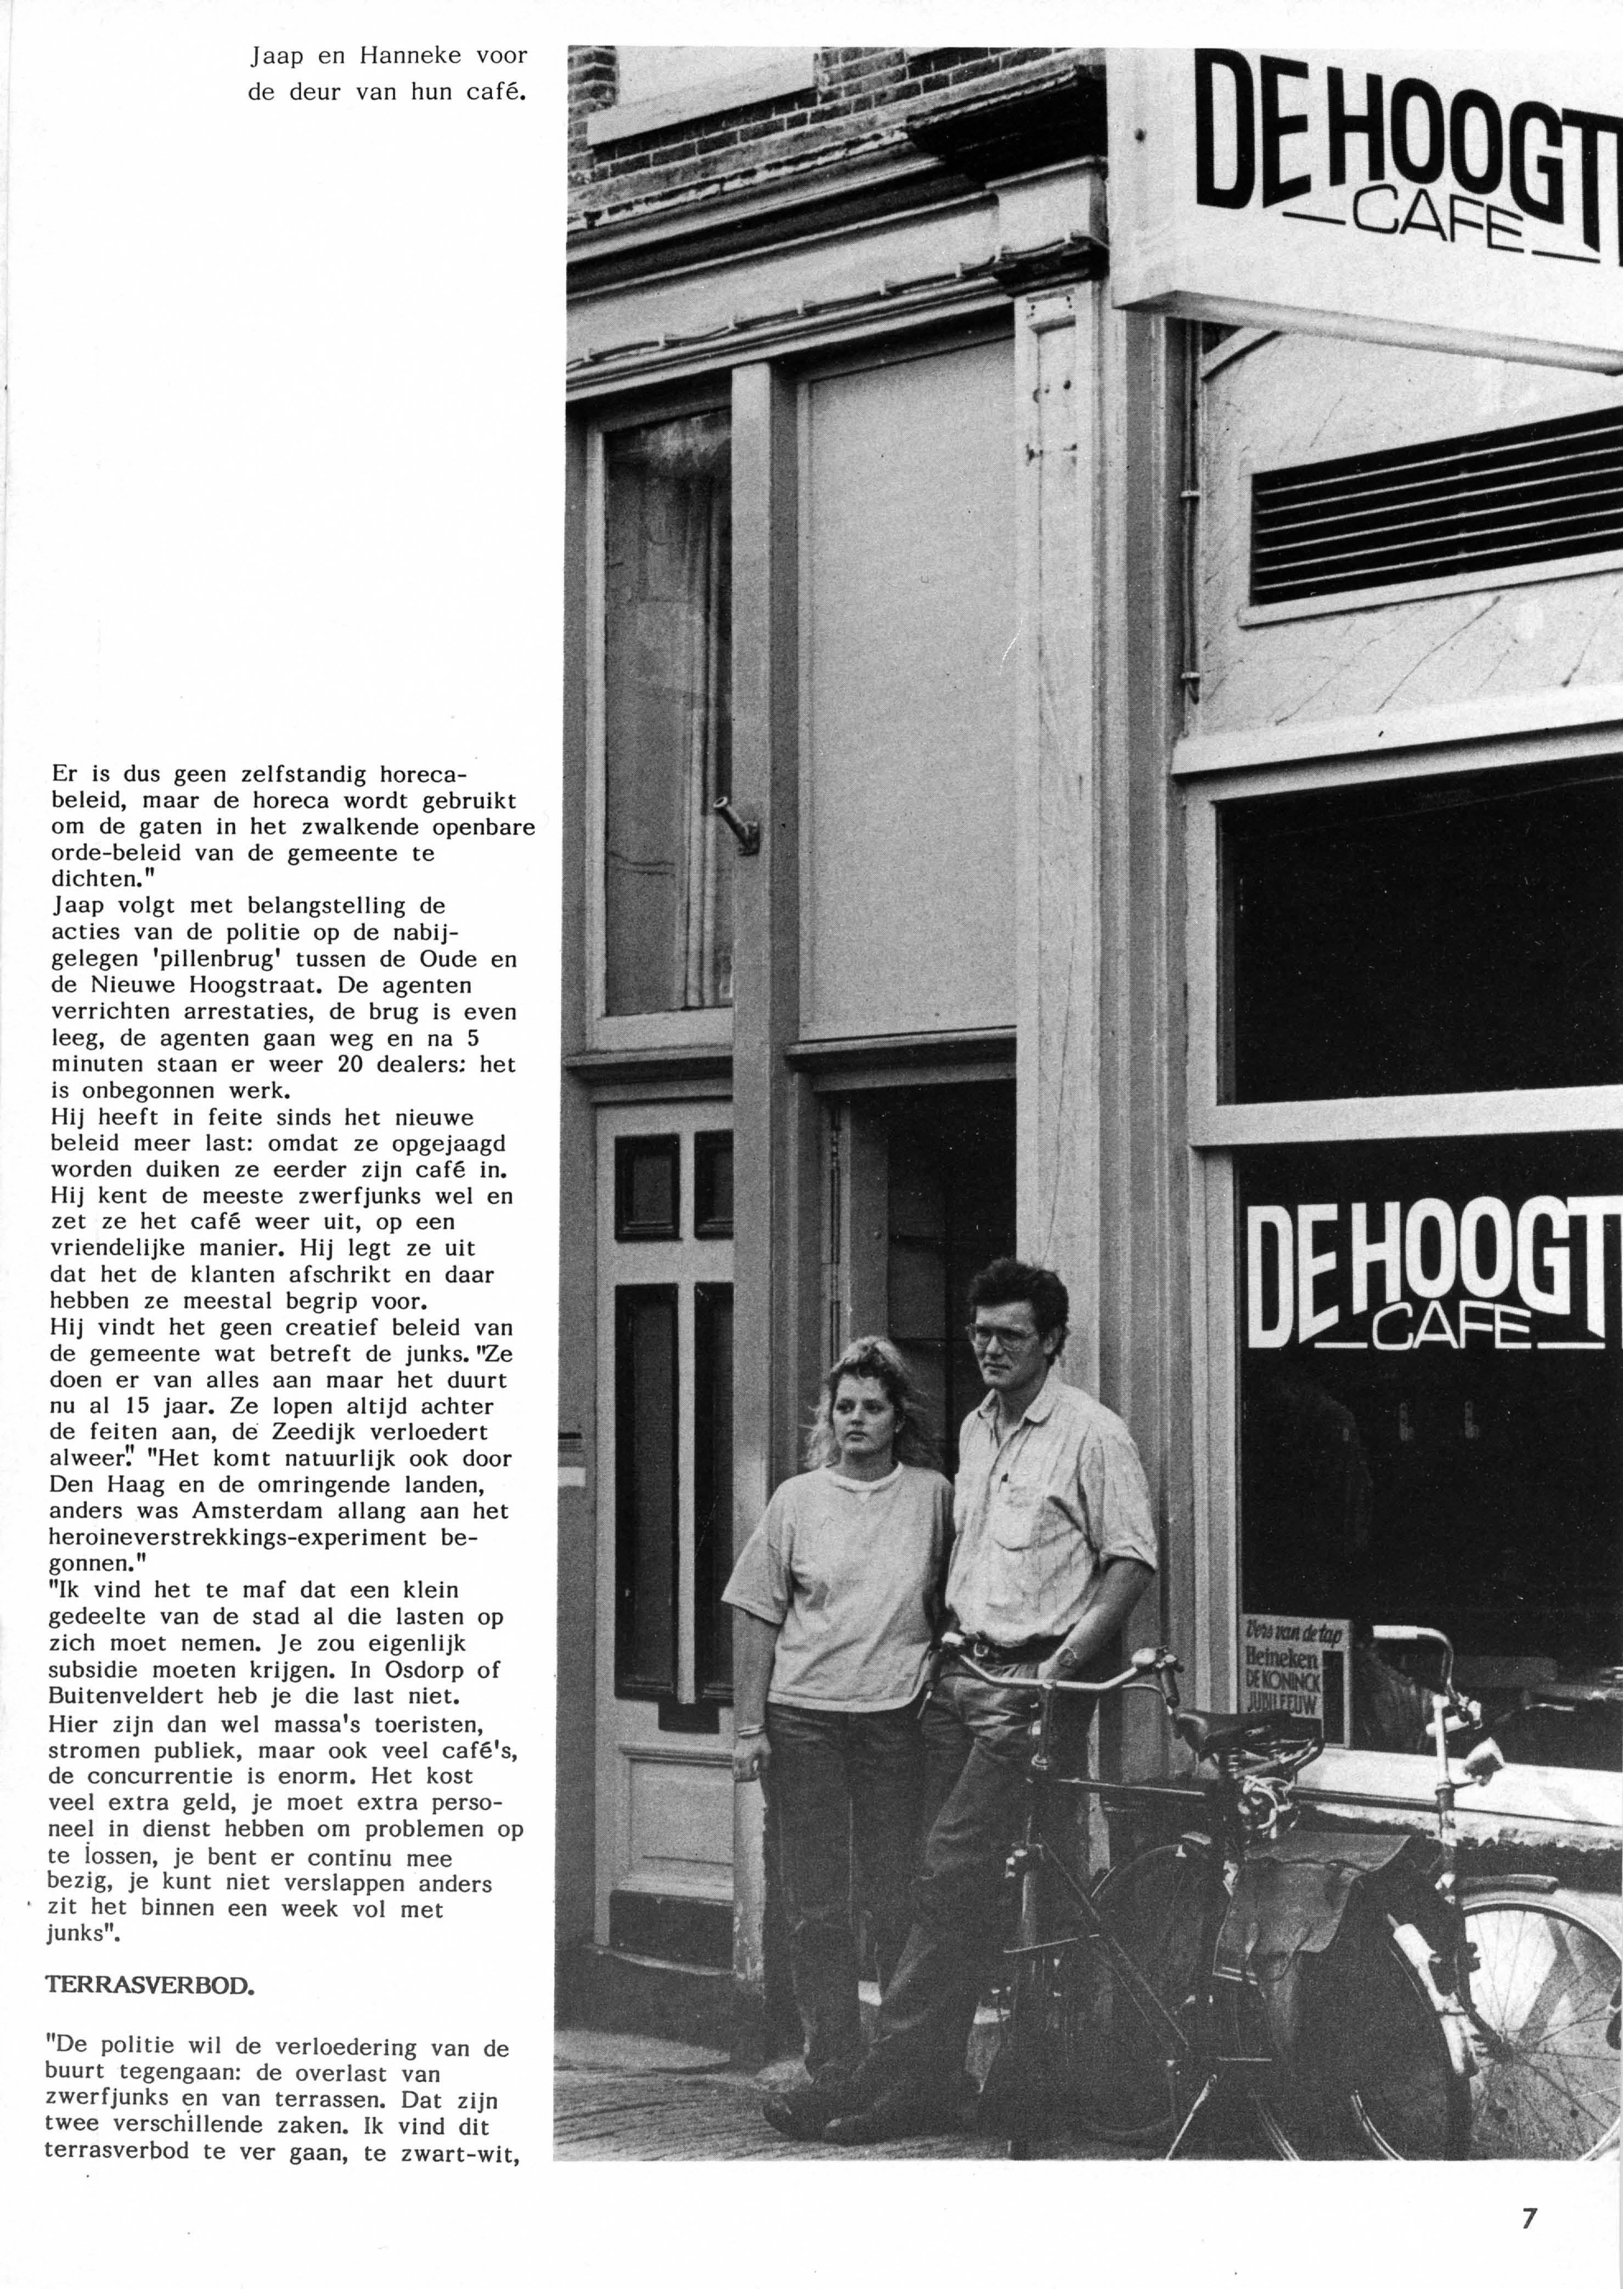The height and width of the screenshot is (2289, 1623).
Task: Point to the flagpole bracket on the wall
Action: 736,826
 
